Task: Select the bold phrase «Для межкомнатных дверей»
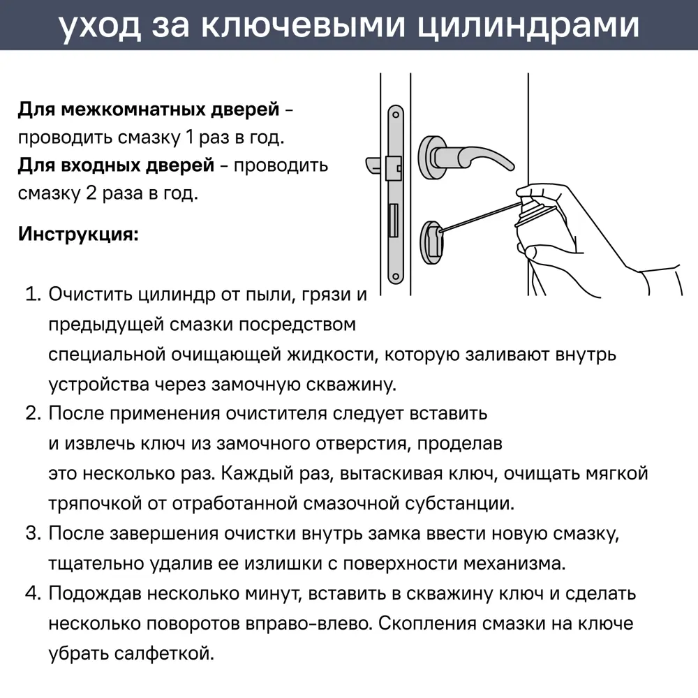point(149,110)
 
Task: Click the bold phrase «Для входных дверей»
point(116,165)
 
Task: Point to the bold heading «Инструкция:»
point(78,233)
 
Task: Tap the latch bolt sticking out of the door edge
point(376,165)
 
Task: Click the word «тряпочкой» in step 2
point(94,503)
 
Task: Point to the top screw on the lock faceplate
point(396,114)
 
